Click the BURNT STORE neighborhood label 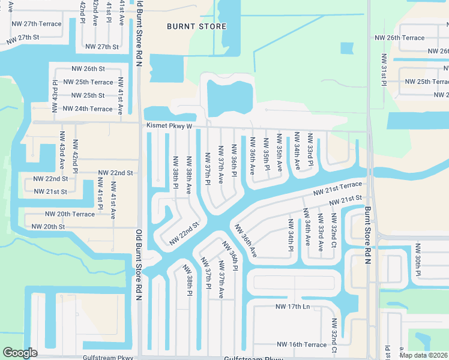click(197, 26)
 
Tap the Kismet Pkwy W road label click(169, 126)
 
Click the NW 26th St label click(88, 69)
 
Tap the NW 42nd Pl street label click(76, 154)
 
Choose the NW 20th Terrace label click(70, 214)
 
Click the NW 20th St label click(47, 227)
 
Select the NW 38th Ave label click(188, 175)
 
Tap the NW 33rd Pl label click(310, 149)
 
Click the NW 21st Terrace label click(338, 188)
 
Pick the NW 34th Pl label click(291, 235)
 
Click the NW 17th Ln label click(292, 307)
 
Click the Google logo click(20, 353)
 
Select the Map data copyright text click(423, 355)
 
